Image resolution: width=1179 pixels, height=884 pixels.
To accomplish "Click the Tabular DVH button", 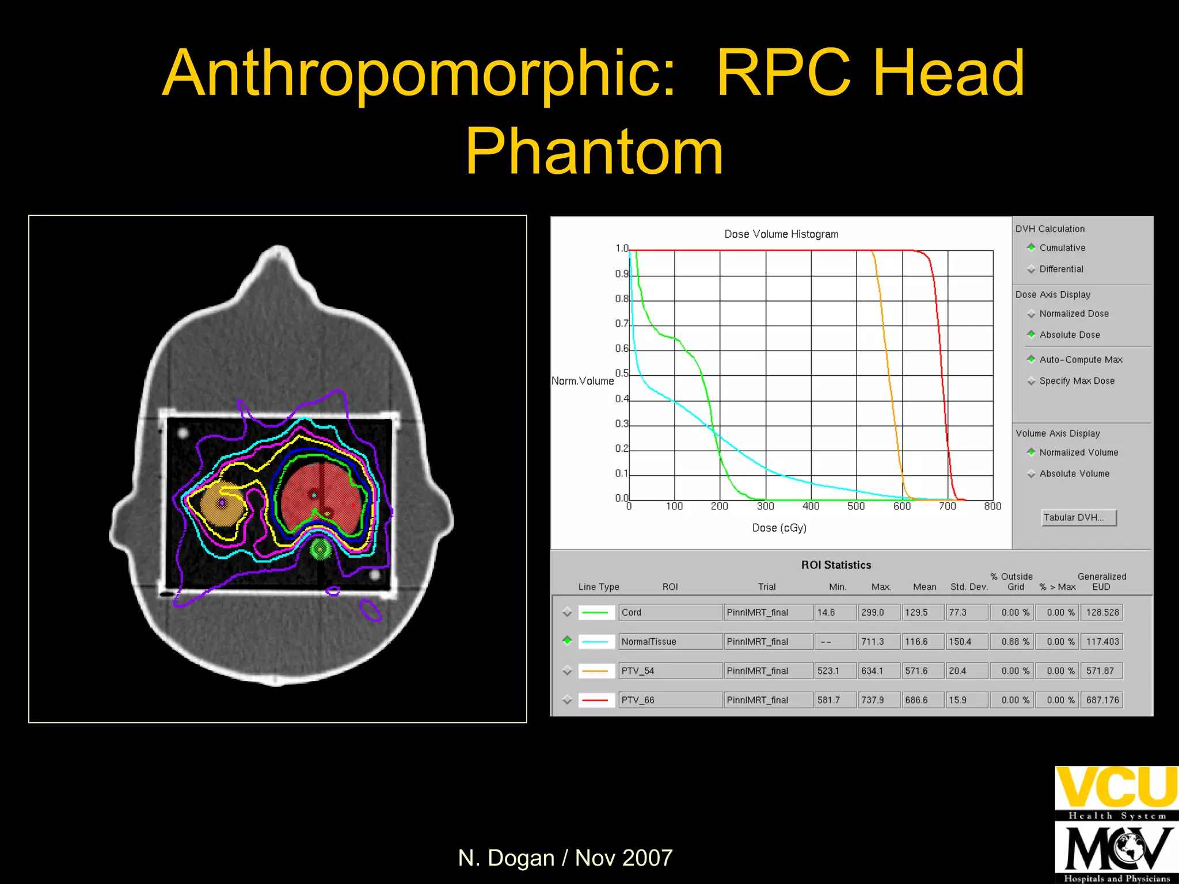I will (x=1078, y=517).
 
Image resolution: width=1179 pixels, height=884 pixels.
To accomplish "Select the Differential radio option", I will (x=1031, y=269).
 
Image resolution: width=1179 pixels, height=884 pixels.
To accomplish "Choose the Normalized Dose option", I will (x=1031, y=314).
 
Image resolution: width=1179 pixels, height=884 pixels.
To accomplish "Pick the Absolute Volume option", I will (x=1031, y=474).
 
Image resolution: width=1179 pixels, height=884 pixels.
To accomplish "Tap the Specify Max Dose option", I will (x=1031, y=381).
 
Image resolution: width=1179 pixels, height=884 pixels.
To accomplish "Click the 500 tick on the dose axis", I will (x=856, y=506).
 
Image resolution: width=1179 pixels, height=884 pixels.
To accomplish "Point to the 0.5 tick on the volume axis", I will (x=622, y=374).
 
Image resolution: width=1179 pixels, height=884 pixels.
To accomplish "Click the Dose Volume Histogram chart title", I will (x=781, y=234).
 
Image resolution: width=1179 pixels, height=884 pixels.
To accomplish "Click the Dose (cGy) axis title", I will (x=779, y=528).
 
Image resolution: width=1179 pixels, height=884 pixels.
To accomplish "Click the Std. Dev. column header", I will (x=969, y=587).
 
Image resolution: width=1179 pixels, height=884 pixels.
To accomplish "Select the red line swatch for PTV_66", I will (x=595, y=700).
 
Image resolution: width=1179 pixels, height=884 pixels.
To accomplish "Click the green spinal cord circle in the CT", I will (x=320, y=549).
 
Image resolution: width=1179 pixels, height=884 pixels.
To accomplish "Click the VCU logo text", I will (x=1116, y=788).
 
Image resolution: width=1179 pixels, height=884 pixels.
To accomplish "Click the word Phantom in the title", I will (x=594, y=151).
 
